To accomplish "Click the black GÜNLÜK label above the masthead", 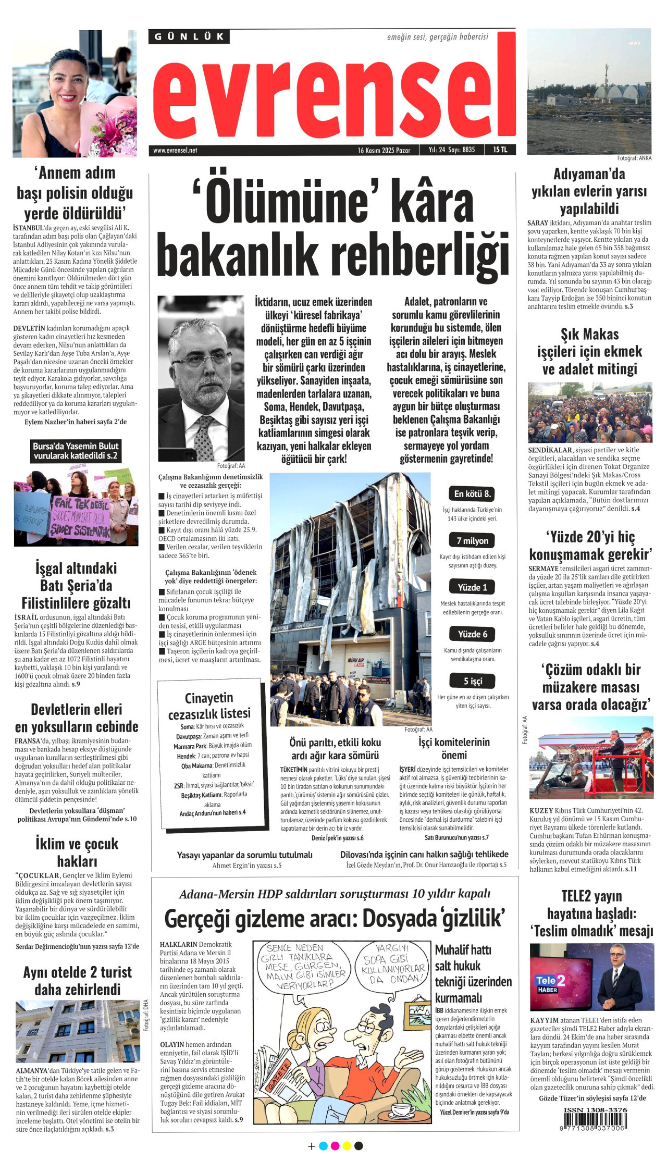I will (189, 36).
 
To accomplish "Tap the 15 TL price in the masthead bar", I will (500, 150).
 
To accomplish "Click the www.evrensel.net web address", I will (175, 150).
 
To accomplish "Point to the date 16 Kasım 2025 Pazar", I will (384, 150).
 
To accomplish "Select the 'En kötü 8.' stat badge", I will (472, 493).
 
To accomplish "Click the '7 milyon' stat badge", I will (472, 540).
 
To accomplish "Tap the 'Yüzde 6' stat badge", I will (472, 634).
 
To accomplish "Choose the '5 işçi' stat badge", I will (473, 681).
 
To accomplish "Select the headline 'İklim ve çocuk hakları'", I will (77, 853).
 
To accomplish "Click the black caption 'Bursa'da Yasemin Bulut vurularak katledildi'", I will (76, 451).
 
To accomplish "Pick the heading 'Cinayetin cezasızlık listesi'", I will (209, 706).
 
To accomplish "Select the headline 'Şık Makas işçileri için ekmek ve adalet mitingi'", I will (589, 351).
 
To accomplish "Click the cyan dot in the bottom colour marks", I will (323, 1146).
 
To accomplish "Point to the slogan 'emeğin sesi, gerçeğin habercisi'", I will (437, 37).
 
